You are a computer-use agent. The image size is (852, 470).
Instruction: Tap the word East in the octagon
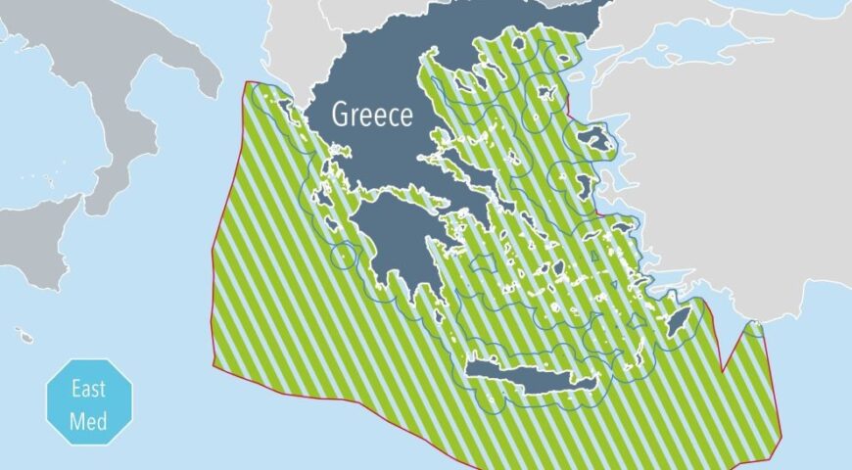[89, 389]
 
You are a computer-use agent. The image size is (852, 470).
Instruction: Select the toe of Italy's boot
[98, 196]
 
